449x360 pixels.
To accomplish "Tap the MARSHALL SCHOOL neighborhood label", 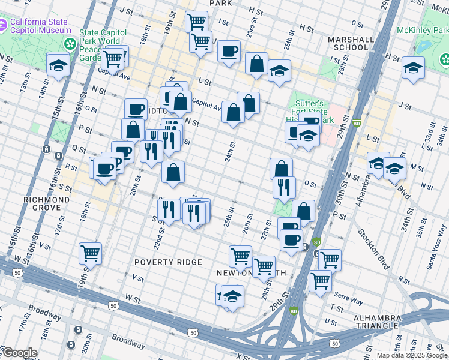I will (348, 43).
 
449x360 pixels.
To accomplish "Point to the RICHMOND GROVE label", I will (43, 203).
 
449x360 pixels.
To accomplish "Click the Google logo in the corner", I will (19, 353).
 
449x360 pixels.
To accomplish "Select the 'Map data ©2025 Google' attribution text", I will (412, 355).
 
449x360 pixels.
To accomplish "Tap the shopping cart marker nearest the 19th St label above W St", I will (90, 253).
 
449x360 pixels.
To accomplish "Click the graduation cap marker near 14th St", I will (58, 64).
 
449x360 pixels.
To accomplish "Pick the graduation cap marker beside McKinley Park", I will (413, 68).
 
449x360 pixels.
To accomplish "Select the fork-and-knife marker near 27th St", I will (284, 187).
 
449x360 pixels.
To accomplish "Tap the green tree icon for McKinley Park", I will (444, 59).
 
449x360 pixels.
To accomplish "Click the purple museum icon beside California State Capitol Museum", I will (4, 25).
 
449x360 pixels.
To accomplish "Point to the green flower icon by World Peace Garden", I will (71, 44).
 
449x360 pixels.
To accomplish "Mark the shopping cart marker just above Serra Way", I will (320, 280).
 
